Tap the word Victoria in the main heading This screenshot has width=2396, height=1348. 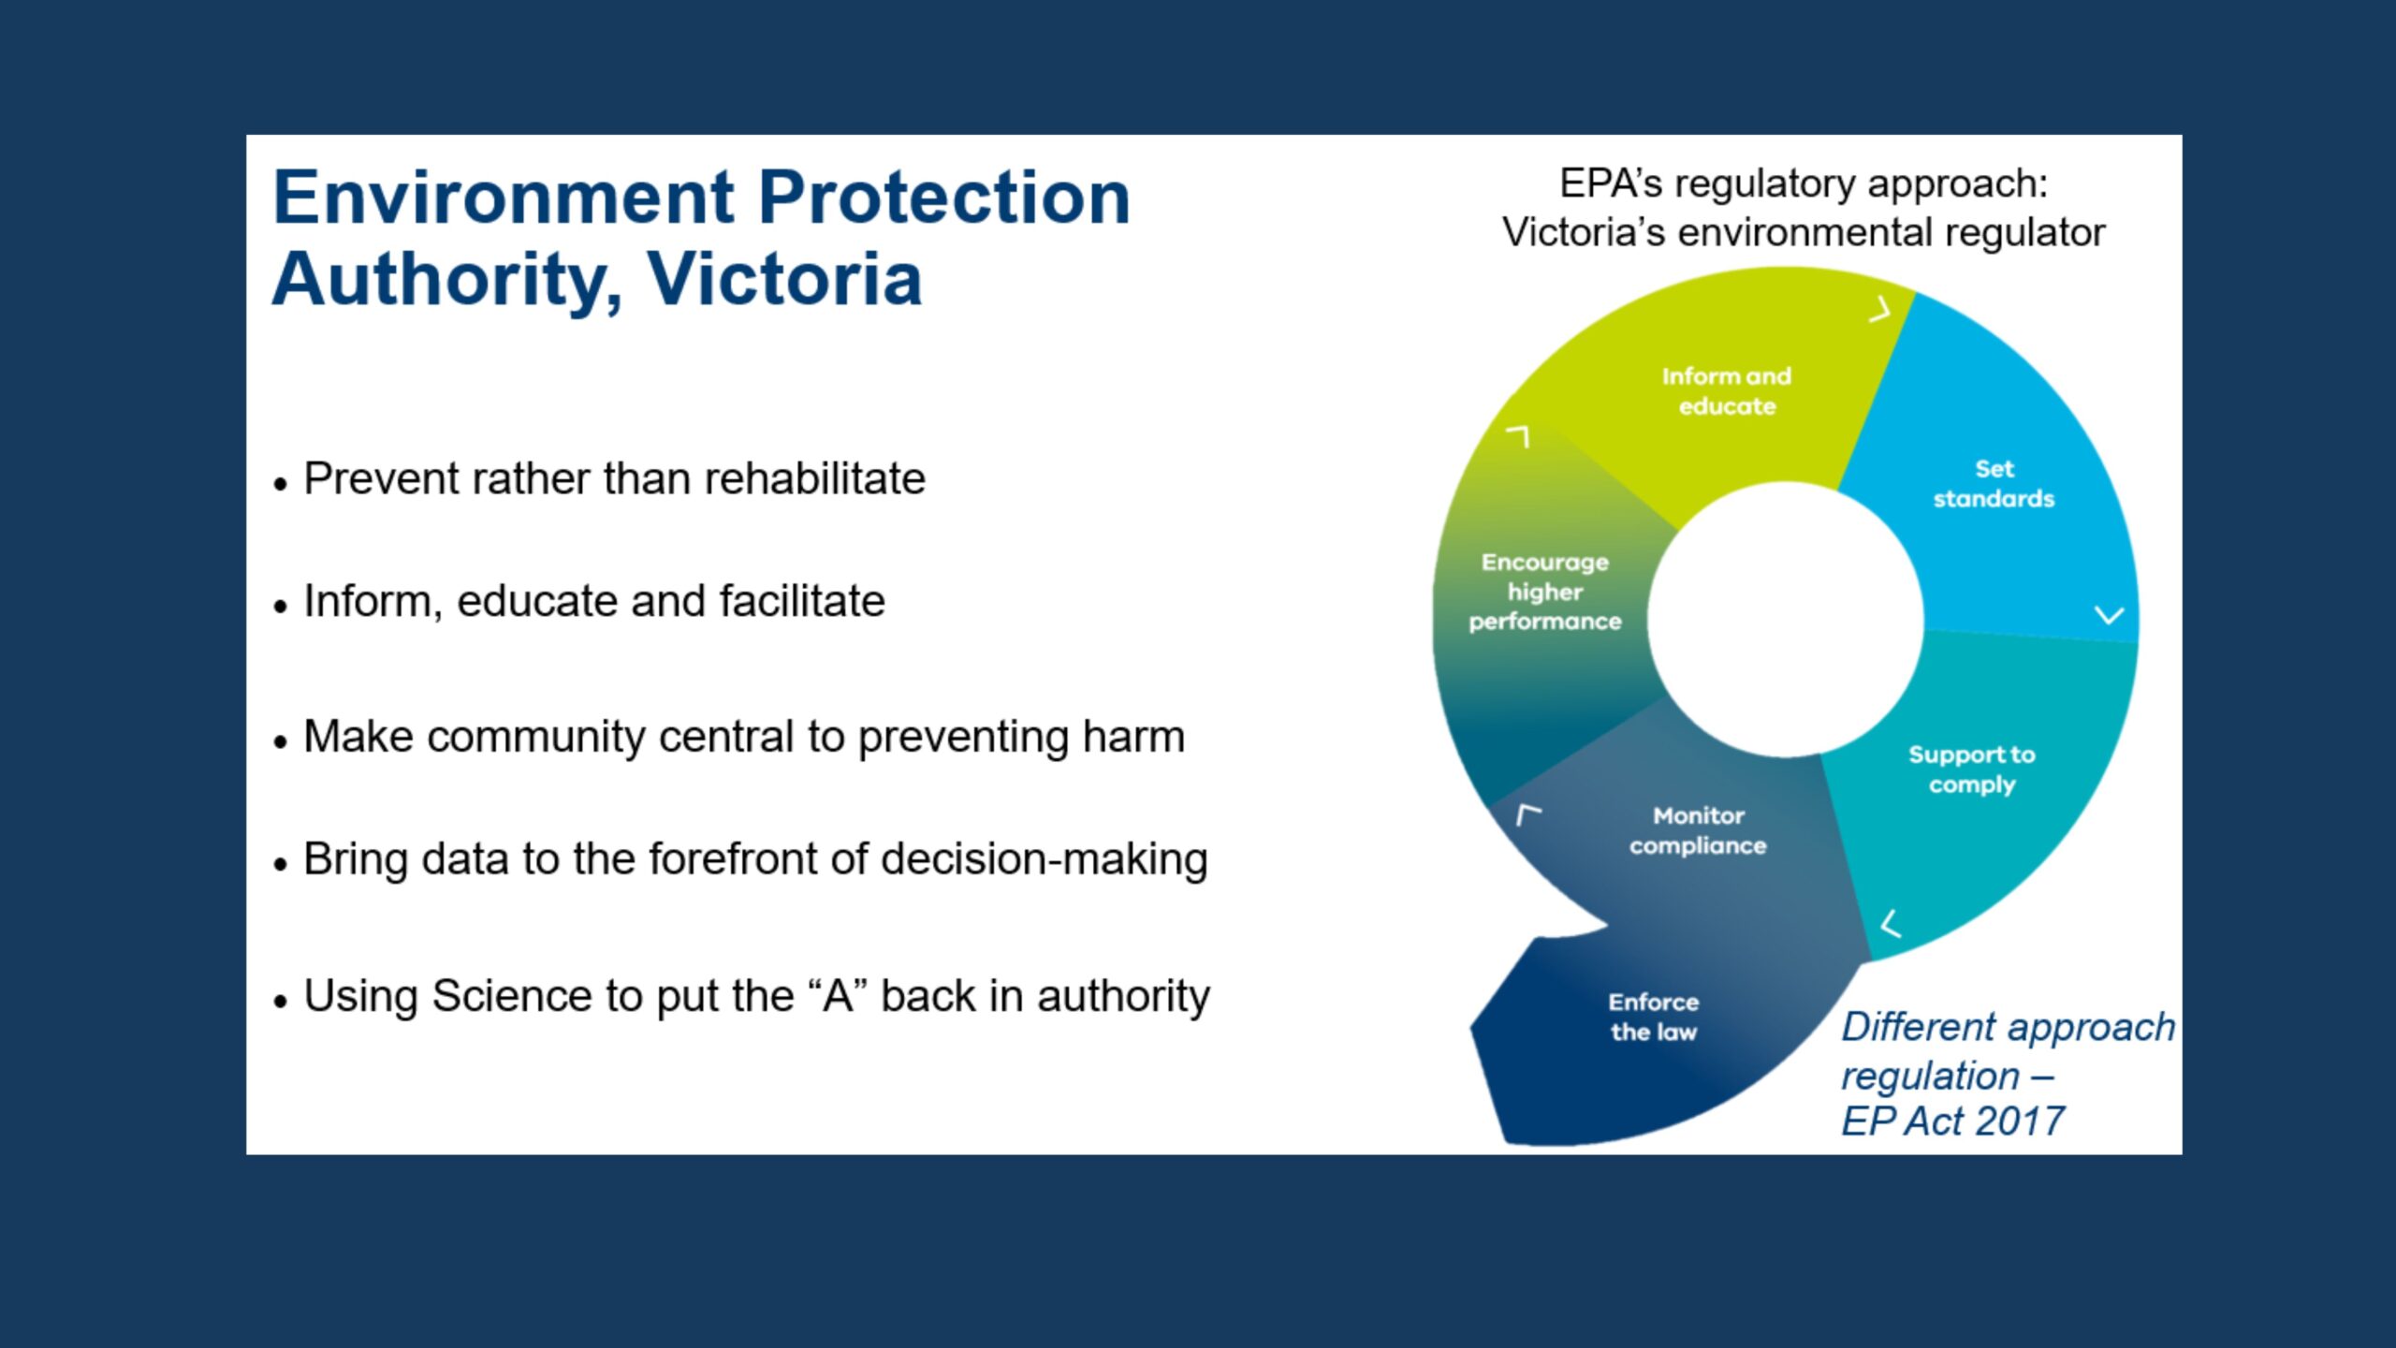[784, 279]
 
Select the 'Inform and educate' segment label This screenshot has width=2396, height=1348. [1727, 391]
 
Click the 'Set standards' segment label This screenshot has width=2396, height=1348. [1994, 484]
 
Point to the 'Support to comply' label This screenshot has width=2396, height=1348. [1972, 769]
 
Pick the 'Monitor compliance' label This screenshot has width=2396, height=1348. [1698, 830]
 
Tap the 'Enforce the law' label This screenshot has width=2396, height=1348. [1654, 1017]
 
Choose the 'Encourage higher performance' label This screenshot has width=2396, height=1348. [1545, 592]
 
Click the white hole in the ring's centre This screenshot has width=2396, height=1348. [1786, 619]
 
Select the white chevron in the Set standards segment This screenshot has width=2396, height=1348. [2109, 615]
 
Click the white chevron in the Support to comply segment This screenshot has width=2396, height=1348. [1891, 924]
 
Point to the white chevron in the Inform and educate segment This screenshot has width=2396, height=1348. [1879, 309]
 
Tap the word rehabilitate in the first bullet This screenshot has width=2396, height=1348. [814, 478]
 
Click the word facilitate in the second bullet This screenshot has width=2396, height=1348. [802, 601]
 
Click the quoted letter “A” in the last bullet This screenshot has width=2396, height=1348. [839, 995]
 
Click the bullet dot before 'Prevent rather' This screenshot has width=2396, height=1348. [280, 484]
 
